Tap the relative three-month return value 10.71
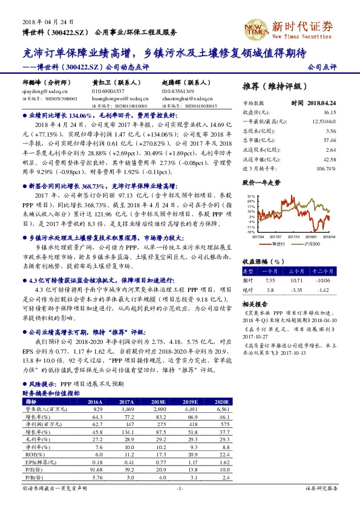(296, 280)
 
